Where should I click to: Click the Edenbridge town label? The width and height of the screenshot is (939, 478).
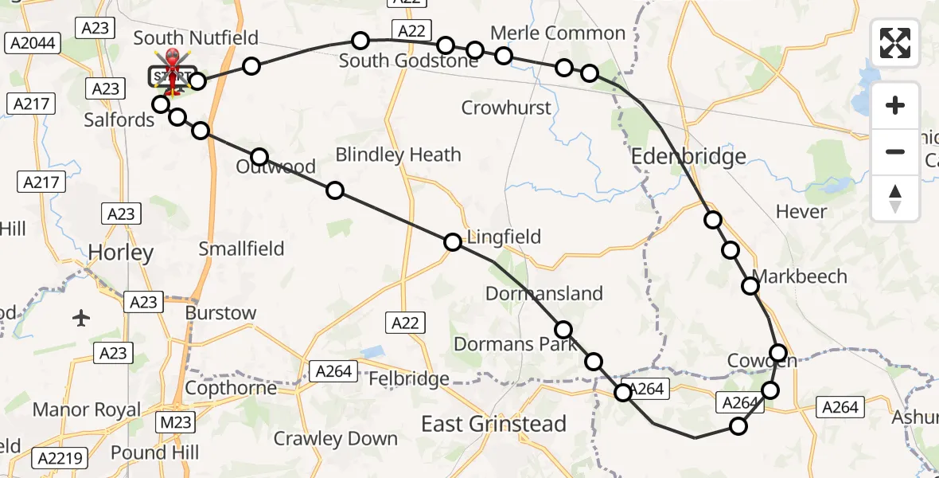pyautogui.click(x=688, y=156)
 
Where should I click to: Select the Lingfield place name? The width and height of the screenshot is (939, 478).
pyautogui.click(x=504, y=237)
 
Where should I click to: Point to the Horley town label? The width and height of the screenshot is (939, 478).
pyautogui.click(x=120, y=253)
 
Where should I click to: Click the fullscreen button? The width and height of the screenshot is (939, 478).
pyautogui.click(x=895, y=43)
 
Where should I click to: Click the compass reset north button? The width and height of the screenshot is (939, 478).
pyautogui.click(x=895, y=199)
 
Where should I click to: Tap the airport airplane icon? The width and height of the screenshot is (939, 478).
pyautogui.click(x=80, y=319)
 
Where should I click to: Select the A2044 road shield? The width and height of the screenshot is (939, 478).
pyautogui.click(x=32, y=43)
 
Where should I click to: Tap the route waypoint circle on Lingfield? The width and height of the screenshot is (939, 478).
pyautogui.click(x=452, y=242)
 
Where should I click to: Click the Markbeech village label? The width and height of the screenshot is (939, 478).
pyautogui.click(x=799, y=276)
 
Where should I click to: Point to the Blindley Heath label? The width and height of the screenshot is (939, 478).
pyautogui.click(x=398, y=155)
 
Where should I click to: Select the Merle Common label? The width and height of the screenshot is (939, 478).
pyautogui.click(x=558, y=33)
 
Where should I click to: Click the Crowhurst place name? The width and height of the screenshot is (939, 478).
pyautogui.click(x=506, y=108)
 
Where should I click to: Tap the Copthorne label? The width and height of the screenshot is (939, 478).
pyautogui.click(x=231, y=388)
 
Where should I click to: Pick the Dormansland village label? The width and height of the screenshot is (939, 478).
pyautogui.click(x=544, y=293)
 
